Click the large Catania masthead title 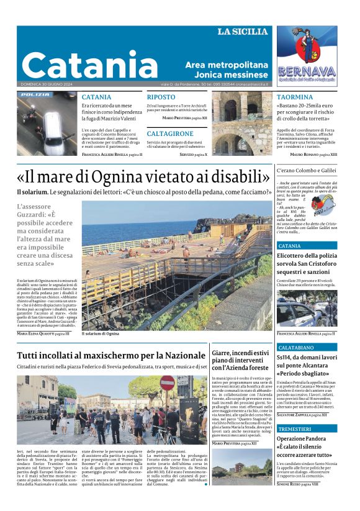90,64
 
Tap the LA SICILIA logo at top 242,32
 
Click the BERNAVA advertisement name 306,71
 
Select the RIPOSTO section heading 161,97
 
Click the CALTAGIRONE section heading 170,133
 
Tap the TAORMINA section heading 295,97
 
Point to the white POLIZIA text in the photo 35,95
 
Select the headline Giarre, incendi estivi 240,353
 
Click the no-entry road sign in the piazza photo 167,383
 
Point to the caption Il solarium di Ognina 101,333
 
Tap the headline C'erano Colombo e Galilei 307,170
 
